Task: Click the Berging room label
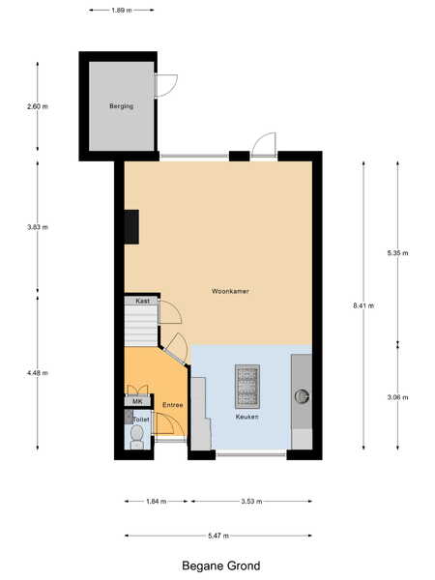tap(122, 106)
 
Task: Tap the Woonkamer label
tap(230, 291)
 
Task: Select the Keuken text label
tap(247, 417)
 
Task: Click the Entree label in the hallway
tap(173, 405)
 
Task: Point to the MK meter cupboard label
tap(137, 402)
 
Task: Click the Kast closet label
tap(142, 301)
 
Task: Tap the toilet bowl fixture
tap(137, 437)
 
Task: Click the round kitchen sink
tap(302, 396)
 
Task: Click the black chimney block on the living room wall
tap(131, 227)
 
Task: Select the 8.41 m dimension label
tap(363, 305)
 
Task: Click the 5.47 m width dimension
tap(218, 536)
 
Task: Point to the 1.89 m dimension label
tap(122, 11)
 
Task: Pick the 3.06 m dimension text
tap(397, 397)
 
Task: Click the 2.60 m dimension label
tap(38, 106)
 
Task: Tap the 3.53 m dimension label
tap(251, 501)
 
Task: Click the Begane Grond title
tap(220, 565)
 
